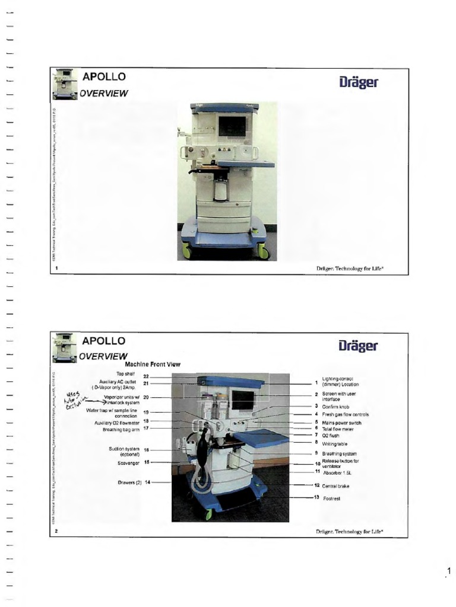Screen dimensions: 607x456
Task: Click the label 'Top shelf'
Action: pos(125,374)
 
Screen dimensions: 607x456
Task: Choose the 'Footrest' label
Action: pos(332,499)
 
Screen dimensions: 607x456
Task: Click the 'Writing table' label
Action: pos(335,443)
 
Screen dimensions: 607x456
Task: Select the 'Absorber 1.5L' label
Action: pos(337,472)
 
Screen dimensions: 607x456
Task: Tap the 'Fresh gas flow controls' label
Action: pos(346,414)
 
